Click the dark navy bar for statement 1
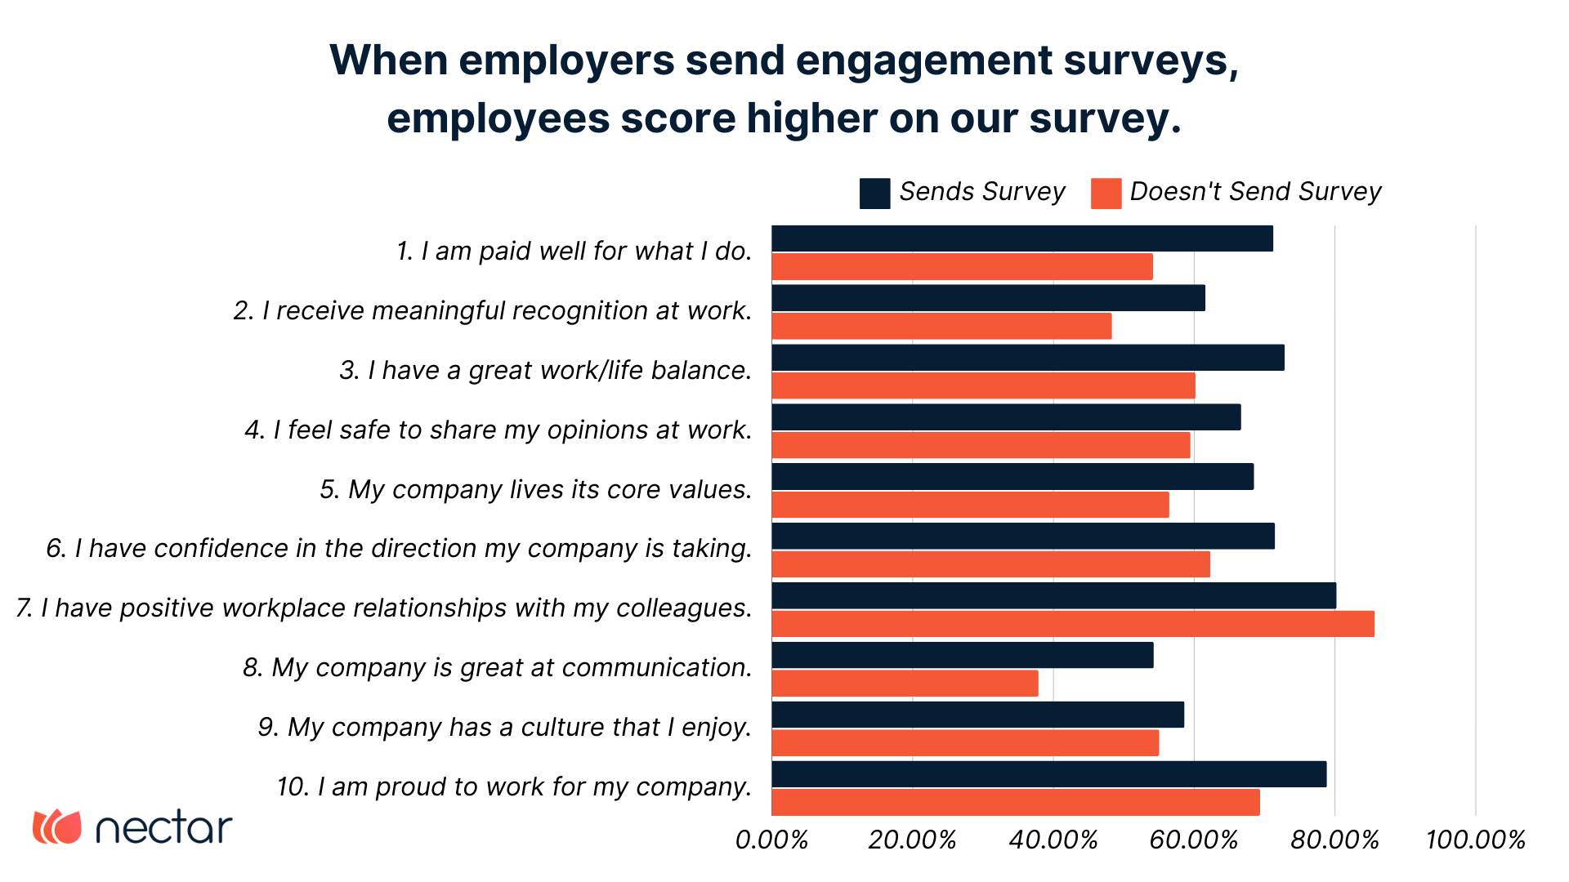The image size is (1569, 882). [x=1021, y=238]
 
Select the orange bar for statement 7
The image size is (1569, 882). [x=1072, y=624]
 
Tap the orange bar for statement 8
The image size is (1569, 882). [x=905, y=684]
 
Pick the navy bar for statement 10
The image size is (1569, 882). [x=1048, y=774]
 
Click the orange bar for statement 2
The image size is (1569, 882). [x=941, y=327]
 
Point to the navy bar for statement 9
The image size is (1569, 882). [x=977, y=715]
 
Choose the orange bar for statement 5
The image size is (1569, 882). [x=970, y=505]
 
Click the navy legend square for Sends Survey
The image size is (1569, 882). [x=874, y=194]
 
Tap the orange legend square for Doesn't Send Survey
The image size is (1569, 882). [x=1106, y=194]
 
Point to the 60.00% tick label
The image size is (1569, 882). [x=1193, y=840]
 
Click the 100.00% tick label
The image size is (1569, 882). [x=1475, y=840]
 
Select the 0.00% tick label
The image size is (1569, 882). [x=771, y=840]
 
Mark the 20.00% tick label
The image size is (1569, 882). [x=912, y=840]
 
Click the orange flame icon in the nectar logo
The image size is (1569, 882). [x=57, y=826]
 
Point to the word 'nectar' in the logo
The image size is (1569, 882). [x=163, y=828]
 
